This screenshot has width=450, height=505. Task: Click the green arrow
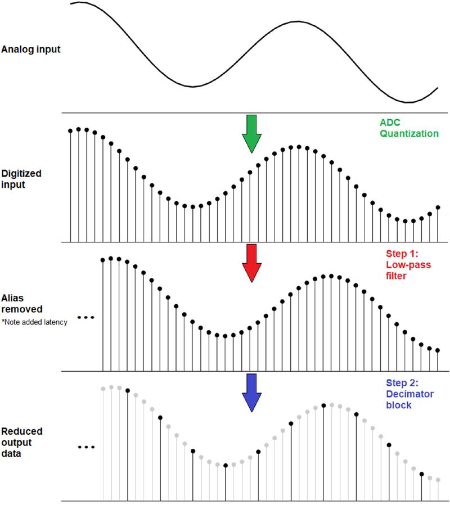tap(251, 133)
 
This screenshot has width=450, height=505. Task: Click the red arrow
tap(251, 262)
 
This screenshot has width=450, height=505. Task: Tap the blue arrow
tap(251, 391)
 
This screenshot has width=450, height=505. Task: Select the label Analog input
tap(31, 49)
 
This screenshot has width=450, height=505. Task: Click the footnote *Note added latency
tap(34, 322)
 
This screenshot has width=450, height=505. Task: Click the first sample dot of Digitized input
tap(70, 131)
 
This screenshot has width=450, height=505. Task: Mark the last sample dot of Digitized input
tap(438, 208)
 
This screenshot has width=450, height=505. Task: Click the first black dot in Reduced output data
tap(128, 390)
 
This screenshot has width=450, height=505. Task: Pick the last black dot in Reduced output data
tap(421, 474)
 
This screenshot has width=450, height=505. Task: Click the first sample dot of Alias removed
tap(103, 260)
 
